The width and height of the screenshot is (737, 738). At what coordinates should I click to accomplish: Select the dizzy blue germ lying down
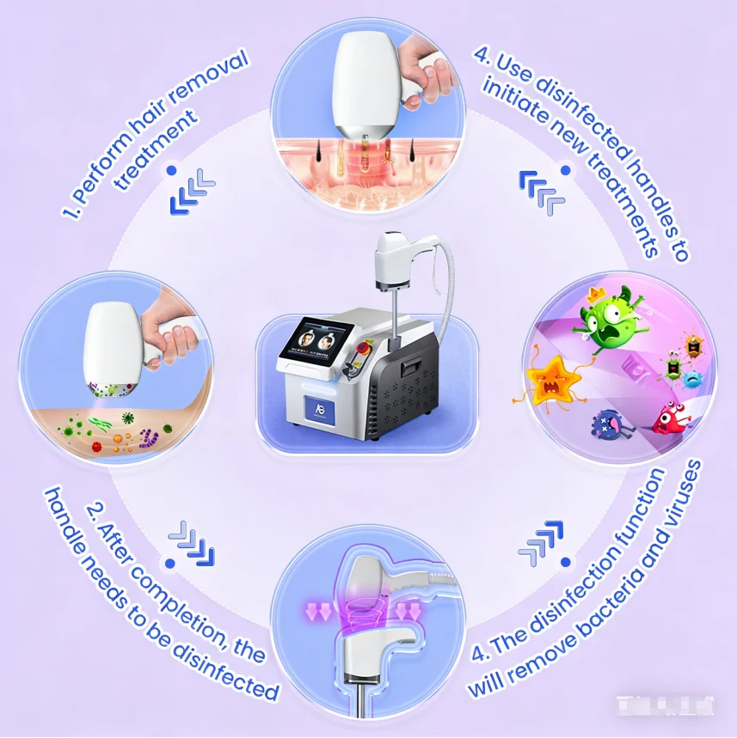[611, 424]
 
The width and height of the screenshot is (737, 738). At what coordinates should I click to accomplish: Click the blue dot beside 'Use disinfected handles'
[565, 170]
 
